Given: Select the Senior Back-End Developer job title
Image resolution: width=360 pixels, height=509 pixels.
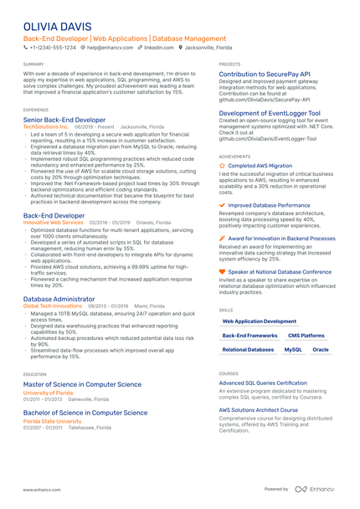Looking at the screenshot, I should (x=64, y=120).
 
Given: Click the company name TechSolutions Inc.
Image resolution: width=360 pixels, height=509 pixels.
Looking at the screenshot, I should (x=46, y=126).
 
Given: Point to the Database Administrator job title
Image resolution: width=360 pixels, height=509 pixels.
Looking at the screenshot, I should (x=59, y=299).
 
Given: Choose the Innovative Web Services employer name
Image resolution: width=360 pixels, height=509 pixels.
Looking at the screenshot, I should (x=54, y=223).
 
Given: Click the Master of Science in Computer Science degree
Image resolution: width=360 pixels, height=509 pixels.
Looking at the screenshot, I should (x=82, y=384).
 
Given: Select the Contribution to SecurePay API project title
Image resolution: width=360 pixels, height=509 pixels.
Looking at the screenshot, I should (x=265, y=75).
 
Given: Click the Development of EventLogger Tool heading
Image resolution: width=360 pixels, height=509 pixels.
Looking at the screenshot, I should (x=270, y=113).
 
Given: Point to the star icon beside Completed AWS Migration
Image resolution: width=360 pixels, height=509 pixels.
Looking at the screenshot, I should (x=222, y=166).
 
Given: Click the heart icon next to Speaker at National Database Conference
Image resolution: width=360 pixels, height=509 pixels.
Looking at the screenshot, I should (x=222, y=272).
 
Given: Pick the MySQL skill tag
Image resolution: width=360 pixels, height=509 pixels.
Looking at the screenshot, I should (x=293, y=349).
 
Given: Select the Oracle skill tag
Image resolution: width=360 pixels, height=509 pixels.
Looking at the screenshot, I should (x=321, y=349).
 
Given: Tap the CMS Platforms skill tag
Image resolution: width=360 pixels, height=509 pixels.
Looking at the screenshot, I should (x=306, y=335).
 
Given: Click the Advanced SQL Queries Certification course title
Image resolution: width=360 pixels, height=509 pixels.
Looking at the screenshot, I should (x=263, y=383).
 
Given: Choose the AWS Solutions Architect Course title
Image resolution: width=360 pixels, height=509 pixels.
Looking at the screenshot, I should (x=259, y=410).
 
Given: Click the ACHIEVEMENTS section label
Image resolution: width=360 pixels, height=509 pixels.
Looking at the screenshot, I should (x=234, y=157).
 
